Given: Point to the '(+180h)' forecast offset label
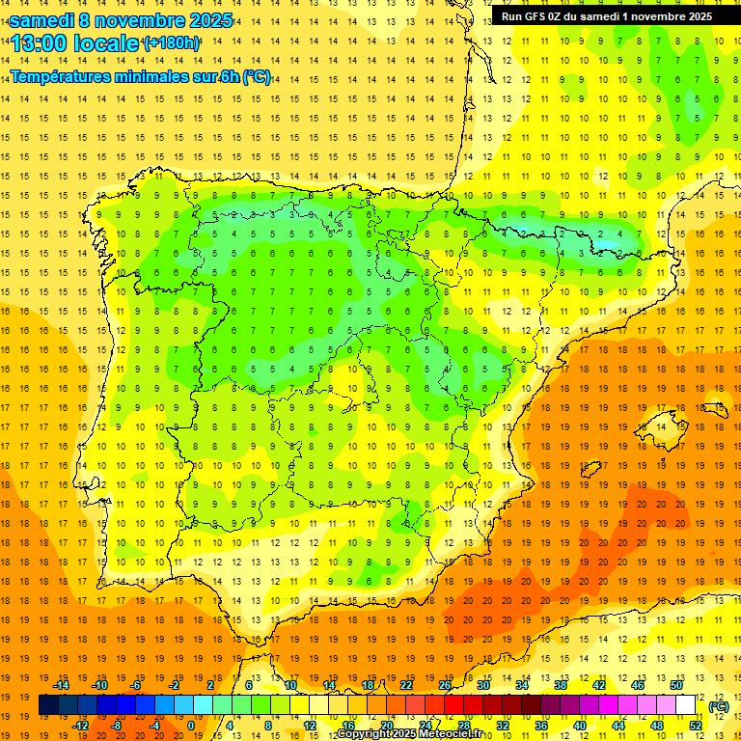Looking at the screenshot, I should click(172, 43).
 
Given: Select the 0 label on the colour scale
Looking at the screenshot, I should click(191, 726).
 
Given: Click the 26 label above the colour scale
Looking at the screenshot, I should click(445, 685).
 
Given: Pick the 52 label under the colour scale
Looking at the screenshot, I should click(696, 726).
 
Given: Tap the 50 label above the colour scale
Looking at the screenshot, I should click(676, 685).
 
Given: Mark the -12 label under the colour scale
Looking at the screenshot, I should click(80, 726).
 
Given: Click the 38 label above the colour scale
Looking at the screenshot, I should click(561, 685).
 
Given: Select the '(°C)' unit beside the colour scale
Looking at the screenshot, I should click(719, 705).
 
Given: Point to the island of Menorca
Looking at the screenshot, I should click(714, 408).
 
